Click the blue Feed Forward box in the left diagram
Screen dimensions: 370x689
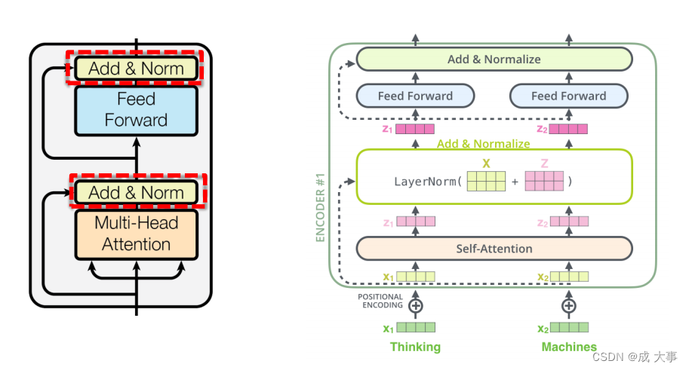pos(136,110)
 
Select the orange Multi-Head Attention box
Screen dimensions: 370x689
pos(136,234)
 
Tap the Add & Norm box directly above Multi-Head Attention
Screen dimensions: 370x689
pos(136,193)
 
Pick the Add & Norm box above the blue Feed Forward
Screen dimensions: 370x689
pos(136,69)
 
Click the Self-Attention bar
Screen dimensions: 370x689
pos(494,249)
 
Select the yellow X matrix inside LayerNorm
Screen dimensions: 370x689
pos(485,182)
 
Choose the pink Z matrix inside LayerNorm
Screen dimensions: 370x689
pos(544,182)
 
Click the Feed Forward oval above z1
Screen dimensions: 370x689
pos(415,96)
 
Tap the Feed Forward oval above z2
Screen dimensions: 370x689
pos(568,96)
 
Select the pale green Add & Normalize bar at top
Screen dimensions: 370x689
pos(494,59)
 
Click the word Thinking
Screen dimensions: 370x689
pos(415,347)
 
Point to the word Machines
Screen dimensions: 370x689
pos(569,347)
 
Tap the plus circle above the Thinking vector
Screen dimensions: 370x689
pos(415,306)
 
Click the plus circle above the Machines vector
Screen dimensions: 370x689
pos(569,306)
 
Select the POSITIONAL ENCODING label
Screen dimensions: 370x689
pos(380,301)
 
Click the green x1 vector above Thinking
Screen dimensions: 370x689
pos(416,328)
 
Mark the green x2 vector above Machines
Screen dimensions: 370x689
pos(569,328)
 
